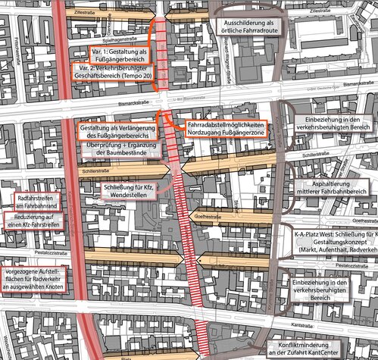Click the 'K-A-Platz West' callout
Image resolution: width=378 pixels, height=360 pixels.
coord(332,238)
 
